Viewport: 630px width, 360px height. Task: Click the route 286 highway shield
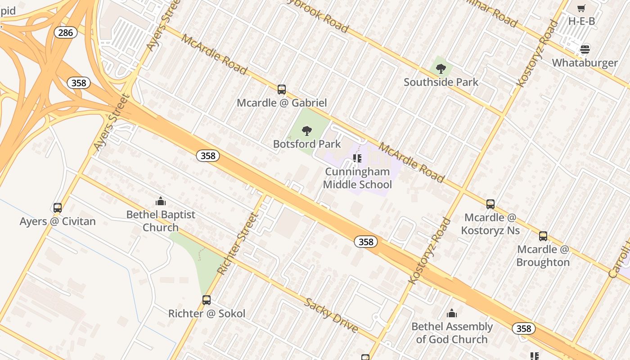click(x=65, y=32)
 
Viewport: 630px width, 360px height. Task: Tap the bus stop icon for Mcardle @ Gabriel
click(x=282, y=90)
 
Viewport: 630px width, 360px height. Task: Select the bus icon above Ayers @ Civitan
click(x=58, y=208)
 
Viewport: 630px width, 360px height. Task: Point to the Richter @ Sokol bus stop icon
click(x=207, y=300)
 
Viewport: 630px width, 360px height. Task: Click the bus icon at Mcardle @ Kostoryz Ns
click(x=490, y=204)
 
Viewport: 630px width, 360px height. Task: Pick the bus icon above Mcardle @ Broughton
click(x=543, y=236)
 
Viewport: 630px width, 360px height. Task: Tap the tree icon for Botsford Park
click(x=307, y=131)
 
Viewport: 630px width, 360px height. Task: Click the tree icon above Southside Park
click(x=441, y=69)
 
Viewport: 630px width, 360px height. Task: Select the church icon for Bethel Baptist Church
click(x=161, y=201)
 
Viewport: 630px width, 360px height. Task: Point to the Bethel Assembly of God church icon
click(x=452, y=313)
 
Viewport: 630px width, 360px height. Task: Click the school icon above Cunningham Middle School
click(x=357, y=158)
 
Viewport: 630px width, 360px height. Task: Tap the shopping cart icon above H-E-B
click(x=581, y=8)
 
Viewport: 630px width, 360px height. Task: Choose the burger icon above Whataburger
click(x=585, y=49)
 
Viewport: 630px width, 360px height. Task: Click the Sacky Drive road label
click(x=332, y=315)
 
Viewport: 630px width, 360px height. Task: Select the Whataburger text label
click(x=585, y=63)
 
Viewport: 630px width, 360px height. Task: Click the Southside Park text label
click(x=441, y=82)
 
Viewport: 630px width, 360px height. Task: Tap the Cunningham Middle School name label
click(x=357, y=178)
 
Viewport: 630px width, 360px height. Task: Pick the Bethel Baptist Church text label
click(x=161, y=221)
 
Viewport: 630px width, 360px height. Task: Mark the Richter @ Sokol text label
click(x=207, y=314)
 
